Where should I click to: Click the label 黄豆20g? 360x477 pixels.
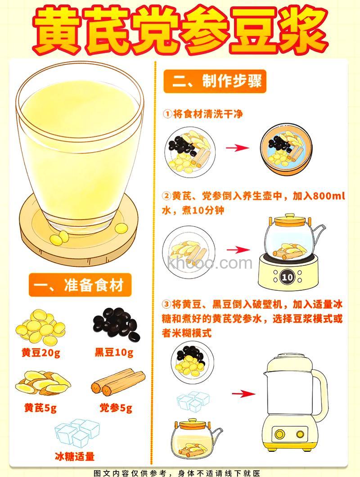(x=41, y=352)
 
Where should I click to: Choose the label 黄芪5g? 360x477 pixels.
(x=40, y=408)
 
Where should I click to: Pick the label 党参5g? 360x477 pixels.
(x=116, y=408)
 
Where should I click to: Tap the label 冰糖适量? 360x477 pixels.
(x=75, y=456)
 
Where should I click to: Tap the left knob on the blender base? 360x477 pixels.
(x=279, y=434)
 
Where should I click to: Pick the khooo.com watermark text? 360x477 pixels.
(x=209, y=262)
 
